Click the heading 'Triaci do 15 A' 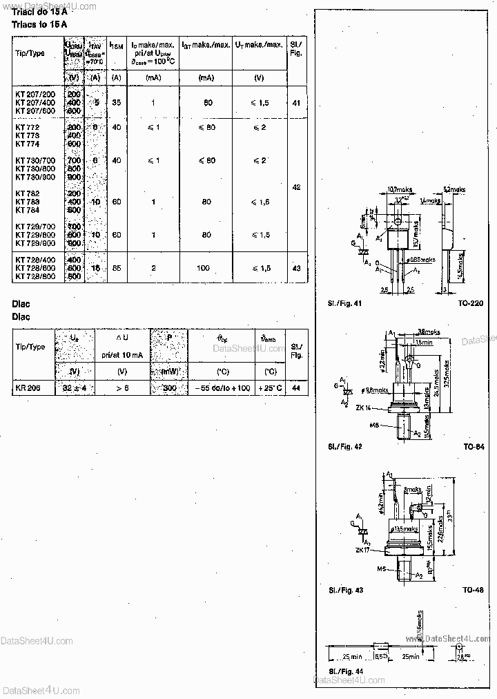click(x=39, y=12)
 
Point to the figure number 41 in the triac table click(x=296, y=102)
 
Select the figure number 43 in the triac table click(x=296, y=268)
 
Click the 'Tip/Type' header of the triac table click(x=30, y=53)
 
